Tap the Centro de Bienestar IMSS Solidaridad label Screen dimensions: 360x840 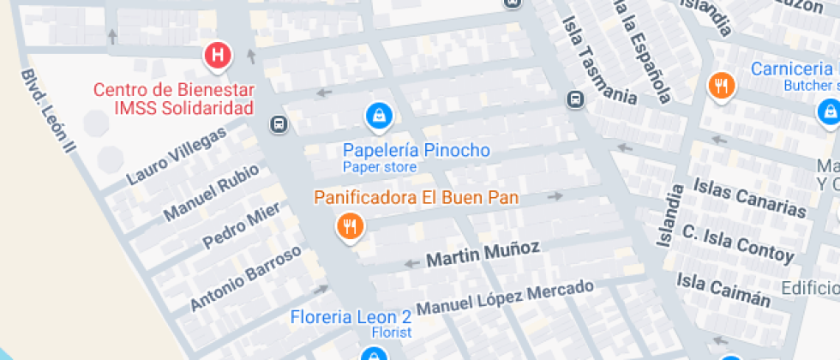click(173, 99)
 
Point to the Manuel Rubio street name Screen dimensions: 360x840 click(211, 191)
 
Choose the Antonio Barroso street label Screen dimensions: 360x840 click(246, 278)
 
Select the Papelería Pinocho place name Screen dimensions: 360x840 click(417, 151)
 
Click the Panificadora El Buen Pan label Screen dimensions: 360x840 click(417, 197)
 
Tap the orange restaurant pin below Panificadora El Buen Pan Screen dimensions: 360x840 click(350, 227)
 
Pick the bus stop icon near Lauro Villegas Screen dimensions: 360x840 click(279, 125)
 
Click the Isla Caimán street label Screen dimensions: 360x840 click(723, 288)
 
